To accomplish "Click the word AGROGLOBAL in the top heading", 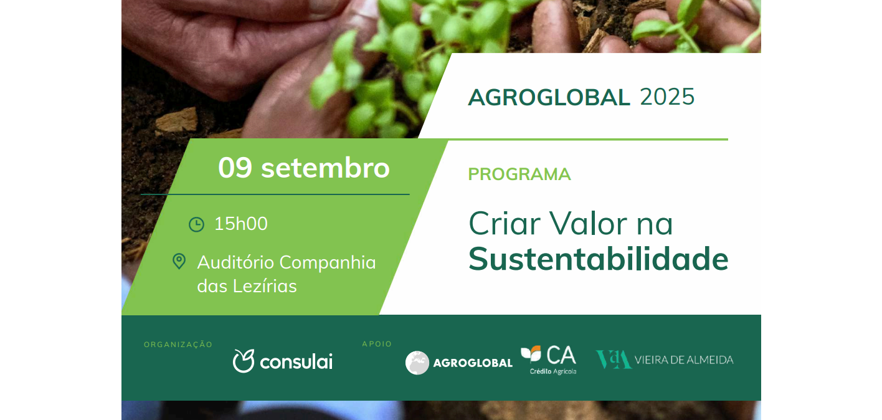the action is [x=549, y=97].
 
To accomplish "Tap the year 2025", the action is [x=667, y=97].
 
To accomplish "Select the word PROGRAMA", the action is [x=519, y=174].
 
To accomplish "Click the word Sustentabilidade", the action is [x=599, y=259].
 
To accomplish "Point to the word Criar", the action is [x=505, y=223].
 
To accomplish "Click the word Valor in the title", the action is [x=589, y=223].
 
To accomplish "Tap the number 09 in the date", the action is [x=235, y=168].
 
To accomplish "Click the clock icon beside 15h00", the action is [x=196, y=224].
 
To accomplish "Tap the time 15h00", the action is [x=241, y=224].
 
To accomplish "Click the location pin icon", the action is [x=179, y=261].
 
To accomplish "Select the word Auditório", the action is [x=235, y=262].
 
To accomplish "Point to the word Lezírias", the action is [x=265, y=286].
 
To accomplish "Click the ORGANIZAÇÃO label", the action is [x=178, y=345].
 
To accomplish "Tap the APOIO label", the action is [x=377, y=344].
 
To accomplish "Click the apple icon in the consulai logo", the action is [x=244, y=361].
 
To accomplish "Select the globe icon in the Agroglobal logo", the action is [x=417, y=363].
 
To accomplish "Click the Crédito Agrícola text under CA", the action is [x=553, y=371].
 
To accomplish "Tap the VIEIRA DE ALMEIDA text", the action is [x=684, y=360].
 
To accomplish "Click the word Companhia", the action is [x=328, y=263].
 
